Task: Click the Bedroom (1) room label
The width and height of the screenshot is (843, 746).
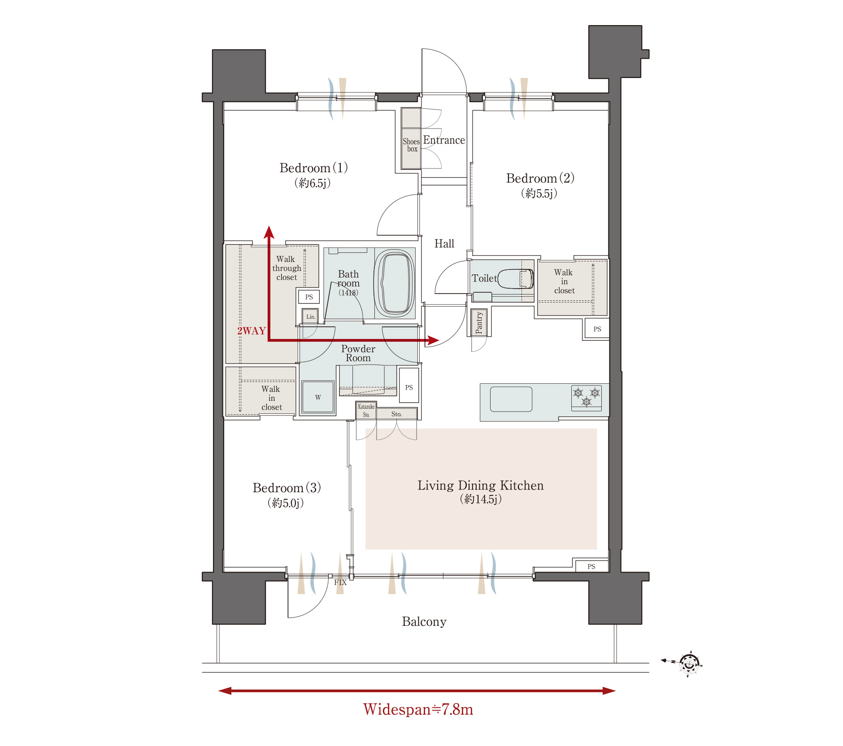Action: tap(313, 168)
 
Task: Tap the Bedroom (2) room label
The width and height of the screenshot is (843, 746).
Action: tap(540, 178)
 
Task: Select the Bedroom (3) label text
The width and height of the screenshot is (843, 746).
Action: tap(287, 488)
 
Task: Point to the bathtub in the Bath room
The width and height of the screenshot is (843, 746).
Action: tap(395, 284)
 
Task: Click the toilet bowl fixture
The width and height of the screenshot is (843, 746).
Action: tap(516, 278)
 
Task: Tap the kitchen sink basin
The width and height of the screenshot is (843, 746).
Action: tap(511, 399)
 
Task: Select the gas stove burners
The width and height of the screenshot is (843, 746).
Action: tap(587, 397)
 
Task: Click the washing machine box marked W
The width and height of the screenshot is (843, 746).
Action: tap(318, 397)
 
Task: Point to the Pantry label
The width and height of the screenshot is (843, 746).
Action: tap(479, 323)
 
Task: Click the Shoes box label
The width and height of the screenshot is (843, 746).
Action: tap(411, 145)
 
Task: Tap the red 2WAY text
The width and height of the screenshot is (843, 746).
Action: tap(252, 331)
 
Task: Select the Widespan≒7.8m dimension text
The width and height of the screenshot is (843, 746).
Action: tap(418, 709)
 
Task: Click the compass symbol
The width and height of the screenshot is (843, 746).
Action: tap(689, 664)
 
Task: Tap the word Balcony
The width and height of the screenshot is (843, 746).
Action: tap(424, 622)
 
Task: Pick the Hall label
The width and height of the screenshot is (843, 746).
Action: tap(444, 243)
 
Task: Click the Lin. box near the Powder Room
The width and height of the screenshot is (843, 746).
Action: tap(310, 317)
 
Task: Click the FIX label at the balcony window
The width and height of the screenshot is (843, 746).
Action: tap(340, 582)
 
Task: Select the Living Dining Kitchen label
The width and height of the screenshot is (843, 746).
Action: tap(480, 486)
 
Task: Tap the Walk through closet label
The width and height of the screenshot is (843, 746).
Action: tap(287, 268)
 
